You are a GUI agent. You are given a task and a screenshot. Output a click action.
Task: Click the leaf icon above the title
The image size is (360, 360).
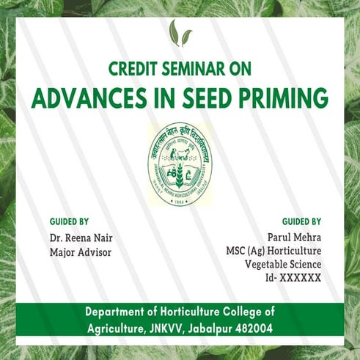pyautogui.click(x=180, y=34)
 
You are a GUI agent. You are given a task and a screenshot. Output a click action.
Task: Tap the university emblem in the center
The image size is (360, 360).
pyautogui.click(x=180, y=164)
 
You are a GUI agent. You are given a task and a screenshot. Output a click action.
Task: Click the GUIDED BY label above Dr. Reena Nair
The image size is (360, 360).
pyautogui.click(x=70, y=221)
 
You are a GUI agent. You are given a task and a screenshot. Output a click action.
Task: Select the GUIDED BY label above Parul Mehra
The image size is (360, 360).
pyautogui.click(x=301, y=221)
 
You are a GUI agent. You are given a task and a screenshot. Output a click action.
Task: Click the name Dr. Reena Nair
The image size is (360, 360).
pyautogui.click(x=81, y=238)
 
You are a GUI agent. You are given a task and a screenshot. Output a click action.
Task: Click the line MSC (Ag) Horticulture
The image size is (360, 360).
pyautogui.click(x=273, y=251)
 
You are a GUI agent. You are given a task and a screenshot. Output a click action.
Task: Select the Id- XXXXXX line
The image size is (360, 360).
pyautogui.click(x=293, y=279)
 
